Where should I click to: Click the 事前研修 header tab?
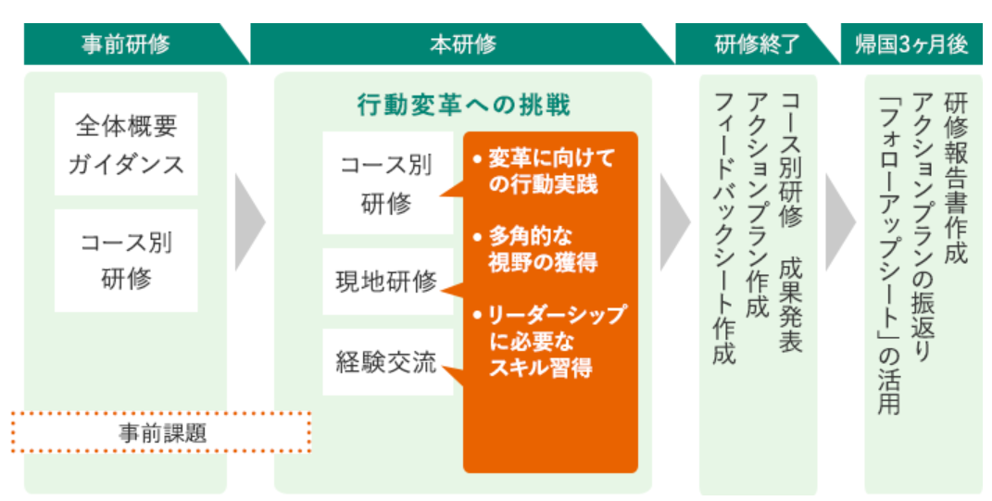point(127,44)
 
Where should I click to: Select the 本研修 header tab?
point(462,44)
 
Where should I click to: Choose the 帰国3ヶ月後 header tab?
point(911,44)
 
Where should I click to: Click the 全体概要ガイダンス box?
point(126,144)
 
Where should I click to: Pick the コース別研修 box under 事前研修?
point(126,260)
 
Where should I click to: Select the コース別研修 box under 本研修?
point(388,182)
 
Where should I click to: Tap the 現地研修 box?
point(388,282)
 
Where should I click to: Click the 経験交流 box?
point(388,362)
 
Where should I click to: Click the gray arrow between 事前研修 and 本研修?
point(250,222)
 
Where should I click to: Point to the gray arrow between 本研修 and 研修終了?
point(675,222)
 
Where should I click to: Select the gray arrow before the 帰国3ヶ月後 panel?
point(841,222)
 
